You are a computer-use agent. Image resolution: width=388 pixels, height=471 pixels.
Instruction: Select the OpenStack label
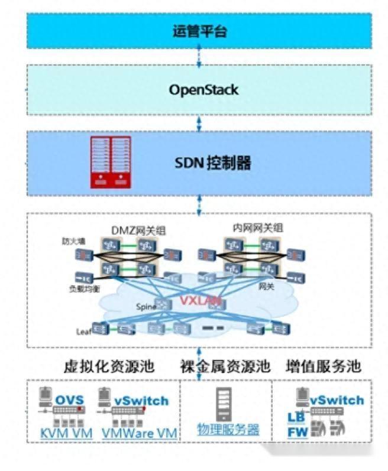(203, 90)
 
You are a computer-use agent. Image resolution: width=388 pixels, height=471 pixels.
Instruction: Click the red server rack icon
(110, 163)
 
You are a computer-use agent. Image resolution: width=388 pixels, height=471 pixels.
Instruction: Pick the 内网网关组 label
(257, 228)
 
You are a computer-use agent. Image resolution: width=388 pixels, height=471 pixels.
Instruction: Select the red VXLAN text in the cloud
(201, 301)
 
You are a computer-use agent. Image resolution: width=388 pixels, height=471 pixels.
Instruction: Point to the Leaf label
(82, 330)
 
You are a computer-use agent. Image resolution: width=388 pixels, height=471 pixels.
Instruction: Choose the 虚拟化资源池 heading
(109, 366)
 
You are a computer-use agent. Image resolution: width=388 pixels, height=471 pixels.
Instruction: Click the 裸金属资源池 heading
(225, 366)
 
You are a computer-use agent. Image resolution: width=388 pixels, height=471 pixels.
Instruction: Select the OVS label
(70, 400)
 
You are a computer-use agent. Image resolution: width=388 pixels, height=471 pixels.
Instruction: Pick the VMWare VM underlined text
(140, 433)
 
